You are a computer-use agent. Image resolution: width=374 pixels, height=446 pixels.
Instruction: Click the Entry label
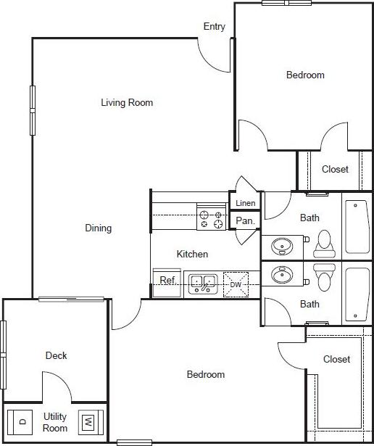coord(214,27)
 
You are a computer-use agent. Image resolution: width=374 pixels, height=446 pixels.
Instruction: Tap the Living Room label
coord(127,103)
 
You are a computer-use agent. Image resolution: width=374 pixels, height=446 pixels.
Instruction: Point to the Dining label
coord(99,228)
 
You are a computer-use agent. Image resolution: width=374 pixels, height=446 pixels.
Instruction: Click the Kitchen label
coord(193,254)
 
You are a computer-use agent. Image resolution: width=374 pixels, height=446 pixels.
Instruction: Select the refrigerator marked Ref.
coord(168,280)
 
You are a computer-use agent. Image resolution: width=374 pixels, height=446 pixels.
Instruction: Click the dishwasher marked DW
coord(236,284)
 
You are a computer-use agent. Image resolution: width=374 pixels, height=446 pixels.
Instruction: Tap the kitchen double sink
coord(204,283)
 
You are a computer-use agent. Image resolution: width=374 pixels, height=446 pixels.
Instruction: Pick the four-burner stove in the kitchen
coord(211,219)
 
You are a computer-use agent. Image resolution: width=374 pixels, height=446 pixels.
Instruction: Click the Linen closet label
coord(245,203)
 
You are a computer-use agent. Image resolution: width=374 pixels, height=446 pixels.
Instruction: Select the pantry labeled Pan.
coord(244,220)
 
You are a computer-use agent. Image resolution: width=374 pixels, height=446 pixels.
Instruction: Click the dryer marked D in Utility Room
coord(22,421)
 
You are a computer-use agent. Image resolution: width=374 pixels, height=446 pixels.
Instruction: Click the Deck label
coord(57,355)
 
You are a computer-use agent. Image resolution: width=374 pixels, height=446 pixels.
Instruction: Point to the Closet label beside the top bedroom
coord(335,169)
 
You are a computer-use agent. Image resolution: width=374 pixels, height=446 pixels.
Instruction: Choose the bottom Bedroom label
coord(206,375)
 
